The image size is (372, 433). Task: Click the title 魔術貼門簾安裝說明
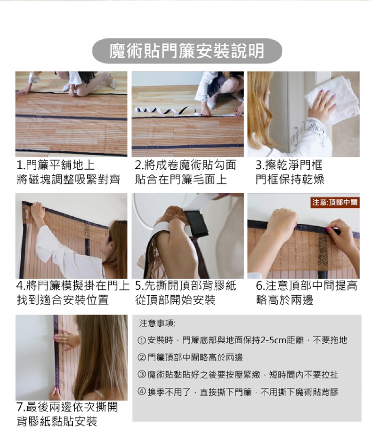(x=187, y=51)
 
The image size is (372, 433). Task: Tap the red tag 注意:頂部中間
(x=335, y=203)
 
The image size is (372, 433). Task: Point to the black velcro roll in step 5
(x=197, y=224)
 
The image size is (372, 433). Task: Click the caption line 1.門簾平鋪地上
(x=56, y=165)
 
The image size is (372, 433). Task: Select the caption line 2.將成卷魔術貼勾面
(x=186, y=165)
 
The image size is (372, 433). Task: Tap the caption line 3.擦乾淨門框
(x=289, y=165)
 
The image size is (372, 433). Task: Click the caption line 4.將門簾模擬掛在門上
(x=73, y=285)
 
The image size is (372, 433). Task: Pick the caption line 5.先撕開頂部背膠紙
(x=186, y=285)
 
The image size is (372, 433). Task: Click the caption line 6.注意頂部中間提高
(x=307, y=285)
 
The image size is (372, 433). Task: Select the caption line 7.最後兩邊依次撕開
(x=67, y=407)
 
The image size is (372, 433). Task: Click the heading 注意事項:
(x=157, y=323)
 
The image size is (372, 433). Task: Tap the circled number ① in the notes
(x=141, y=340)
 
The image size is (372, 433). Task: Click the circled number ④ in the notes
(x=141, y=392)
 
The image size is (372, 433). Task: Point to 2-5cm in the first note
(x=273, y=340)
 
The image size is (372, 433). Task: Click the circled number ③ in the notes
(x=141, y=375)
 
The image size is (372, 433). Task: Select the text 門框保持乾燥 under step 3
(x=290, y=180)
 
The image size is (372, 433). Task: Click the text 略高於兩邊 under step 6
(x=284, y=300)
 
